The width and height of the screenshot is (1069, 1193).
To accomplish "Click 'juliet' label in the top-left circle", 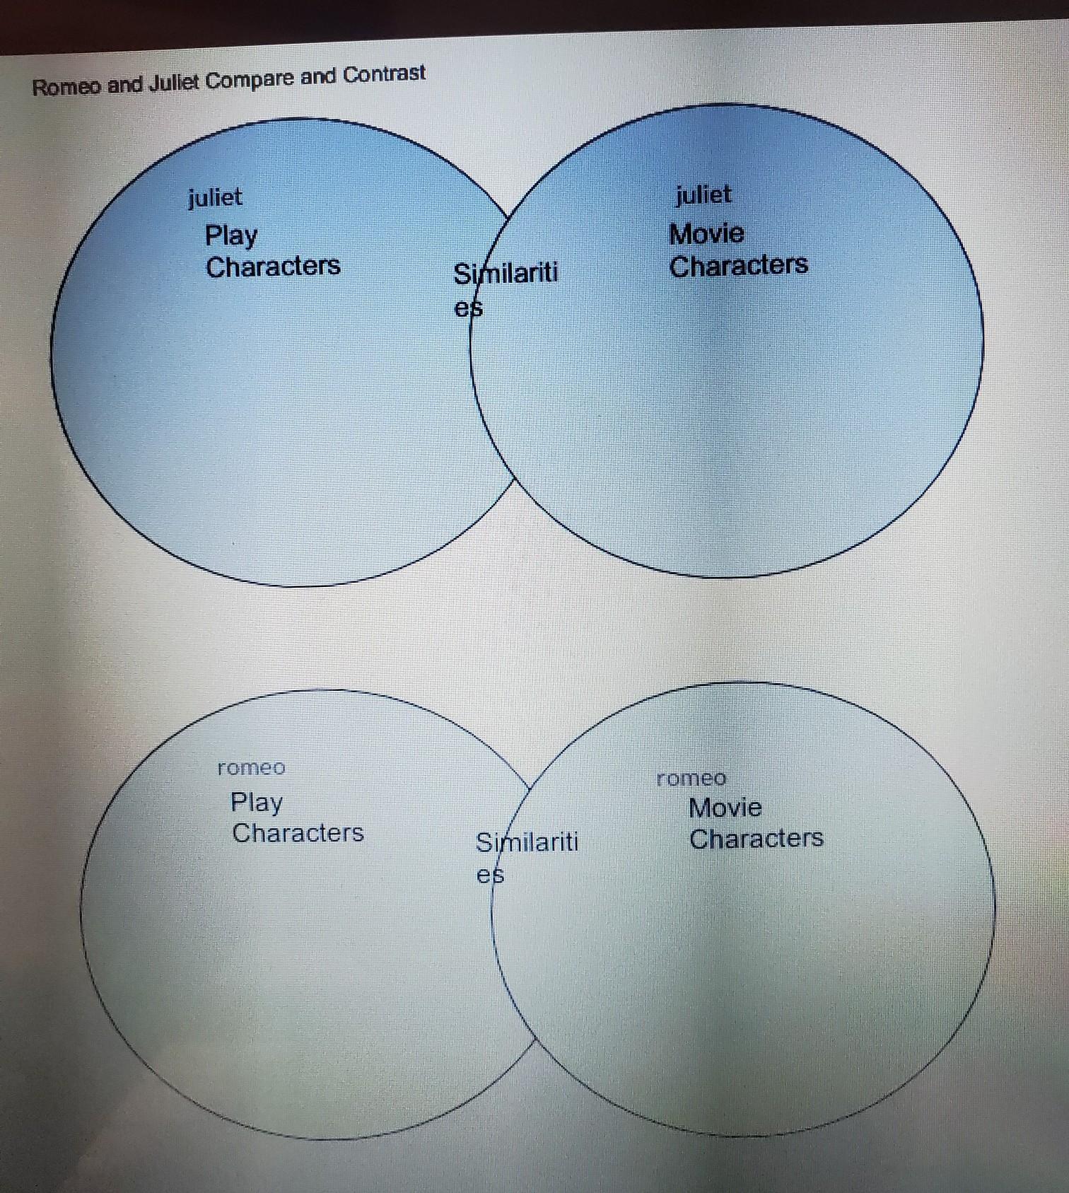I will click(x=215, y=197).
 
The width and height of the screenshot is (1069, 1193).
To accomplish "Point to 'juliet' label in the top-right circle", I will click(x=703, y=194).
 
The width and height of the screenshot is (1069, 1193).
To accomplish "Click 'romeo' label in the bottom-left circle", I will click(x=251, y=768).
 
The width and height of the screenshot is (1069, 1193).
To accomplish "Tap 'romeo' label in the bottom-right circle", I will click(x=691, y=779).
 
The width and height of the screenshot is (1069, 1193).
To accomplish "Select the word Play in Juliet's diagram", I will click(x=231, y=236).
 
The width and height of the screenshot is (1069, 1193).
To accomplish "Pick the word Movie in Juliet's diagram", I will click(x=706, y=233).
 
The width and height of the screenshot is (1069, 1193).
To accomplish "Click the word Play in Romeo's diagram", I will click(x=256, y=803).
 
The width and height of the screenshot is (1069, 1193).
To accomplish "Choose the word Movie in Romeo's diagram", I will click(x=725, y=808).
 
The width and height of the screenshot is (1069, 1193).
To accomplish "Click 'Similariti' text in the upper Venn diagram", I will click(x=506, y=273).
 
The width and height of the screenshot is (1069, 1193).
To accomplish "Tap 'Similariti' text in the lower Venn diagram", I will click(x=527, y=842).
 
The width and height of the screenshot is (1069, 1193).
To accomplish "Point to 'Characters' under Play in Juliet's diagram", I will click(x=273, y=267).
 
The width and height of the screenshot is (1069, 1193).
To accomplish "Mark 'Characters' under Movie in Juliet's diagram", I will click(x=738, y=265).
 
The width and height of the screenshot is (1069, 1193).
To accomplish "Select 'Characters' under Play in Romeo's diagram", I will click(x=298, y=833).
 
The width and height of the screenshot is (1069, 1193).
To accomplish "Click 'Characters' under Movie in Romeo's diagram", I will click(x=756, y=839).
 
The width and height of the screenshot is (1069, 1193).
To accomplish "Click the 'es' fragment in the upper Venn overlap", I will click(x=468, y=308).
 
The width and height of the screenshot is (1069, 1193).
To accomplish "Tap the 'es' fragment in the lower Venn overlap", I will click(x=490, y=875).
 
